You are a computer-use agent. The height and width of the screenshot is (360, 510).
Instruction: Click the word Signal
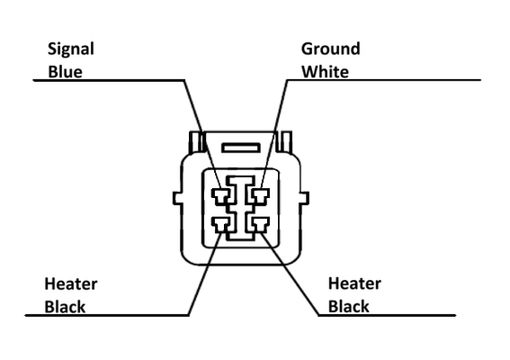pos(71,49)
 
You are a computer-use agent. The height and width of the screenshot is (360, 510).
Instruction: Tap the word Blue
pos(65,72)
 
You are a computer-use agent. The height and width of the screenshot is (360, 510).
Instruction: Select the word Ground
pos(330,49)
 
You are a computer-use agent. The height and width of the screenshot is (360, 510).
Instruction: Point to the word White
pos(326,72)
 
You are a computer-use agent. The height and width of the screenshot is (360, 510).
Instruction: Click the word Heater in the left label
pos(70,283)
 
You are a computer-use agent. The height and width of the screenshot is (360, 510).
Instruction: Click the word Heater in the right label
pos(354,283)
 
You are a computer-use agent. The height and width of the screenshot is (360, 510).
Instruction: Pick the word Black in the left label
pos(65,307)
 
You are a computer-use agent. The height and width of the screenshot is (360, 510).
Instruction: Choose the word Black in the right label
pos(349,306)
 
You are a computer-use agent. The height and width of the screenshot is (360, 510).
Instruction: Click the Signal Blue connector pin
pos(221,196)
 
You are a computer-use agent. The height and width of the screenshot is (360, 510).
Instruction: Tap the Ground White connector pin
pos(260,196)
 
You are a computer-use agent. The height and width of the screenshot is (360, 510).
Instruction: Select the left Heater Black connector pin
pos(221,225)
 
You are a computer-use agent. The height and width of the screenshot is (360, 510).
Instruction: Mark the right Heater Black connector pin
pos(260,225)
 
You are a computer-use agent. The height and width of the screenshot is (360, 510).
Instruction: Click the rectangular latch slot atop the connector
pos(241,148)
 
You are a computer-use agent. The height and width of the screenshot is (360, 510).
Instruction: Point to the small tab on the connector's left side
pos(177,198)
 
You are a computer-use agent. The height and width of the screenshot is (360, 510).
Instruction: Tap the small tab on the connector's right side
pos(304,198)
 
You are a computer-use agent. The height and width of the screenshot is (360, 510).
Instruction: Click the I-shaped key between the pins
pos(241,208)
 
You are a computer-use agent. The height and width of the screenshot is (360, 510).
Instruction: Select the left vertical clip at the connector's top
pos(196,142)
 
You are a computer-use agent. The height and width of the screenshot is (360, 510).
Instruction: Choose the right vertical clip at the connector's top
pos(285,141)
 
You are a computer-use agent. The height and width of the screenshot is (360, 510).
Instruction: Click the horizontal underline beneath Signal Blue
pos(109,80)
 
